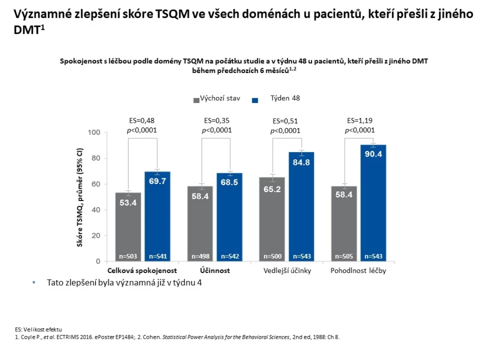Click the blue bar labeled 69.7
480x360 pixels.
coord(157,217)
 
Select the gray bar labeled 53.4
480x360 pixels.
coord(128,227)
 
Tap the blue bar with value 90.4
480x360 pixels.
coord(373,203)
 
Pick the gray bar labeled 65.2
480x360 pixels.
coord(272,219)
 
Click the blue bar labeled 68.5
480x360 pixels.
coord(229,217)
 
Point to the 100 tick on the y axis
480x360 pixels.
coord(94,133)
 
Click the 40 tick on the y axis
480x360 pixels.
coord(96,210)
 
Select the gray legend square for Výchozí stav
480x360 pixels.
coord(196,100)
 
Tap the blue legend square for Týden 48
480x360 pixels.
coord(255,100)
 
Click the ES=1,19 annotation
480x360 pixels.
coord(359,121)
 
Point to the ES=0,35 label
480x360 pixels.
coord(217,121)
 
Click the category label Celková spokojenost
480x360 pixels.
coord(142,270)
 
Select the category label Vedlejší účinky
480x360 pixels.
coord(287,270)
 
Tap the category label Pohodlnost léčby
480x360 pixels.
coord(358,270)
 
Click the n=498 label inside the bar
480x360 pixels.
coord(200,256)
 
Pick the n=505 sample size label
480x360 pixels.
coord(344,256)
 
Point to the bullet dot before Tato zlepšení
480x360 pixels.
coord(34,283)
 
